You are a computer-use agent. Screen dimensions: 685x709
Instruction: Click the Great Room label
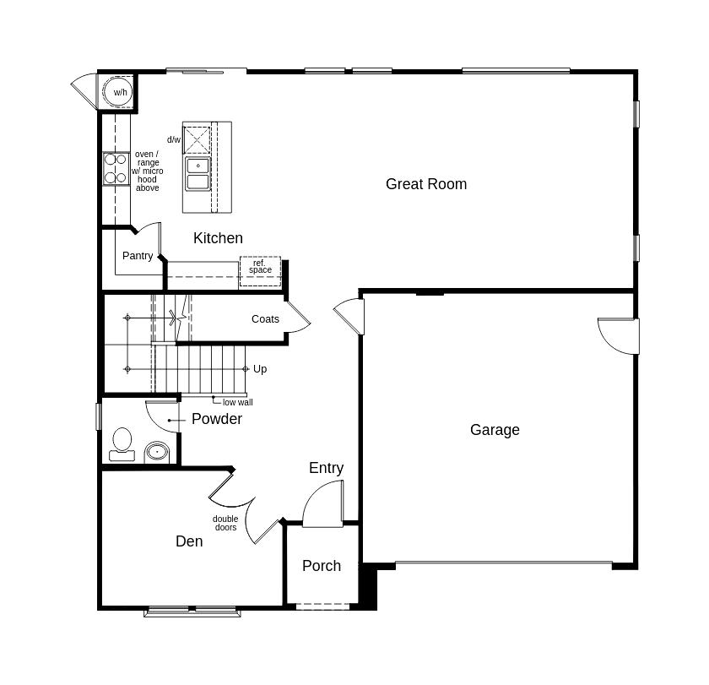[425, 184]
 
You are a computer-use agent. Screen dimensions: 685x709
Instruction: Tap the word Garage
[495, 430]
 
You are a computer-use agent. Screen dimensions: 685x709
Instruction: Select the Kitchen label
[218, 238]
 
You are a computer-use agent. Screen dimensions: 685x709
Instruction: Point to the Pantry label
[138, 256]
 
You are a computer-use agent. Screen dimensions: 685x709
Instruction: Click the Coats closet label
[265, 319]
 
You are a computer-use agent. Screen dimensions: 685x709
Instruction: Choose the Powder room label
[216, 419]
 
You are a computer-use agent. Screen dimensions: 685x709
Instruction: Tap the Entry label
[326, 468]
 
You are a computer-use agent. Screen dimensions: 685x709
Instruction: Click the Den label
[189, 541]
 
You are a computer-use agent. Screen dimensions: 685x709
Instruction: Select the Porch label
[322, 566]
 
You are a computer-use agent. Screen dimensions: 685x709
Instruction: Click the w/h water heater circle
[118, 92]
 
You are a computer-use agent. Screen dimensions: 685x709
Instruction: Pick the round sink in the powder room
[156, 453]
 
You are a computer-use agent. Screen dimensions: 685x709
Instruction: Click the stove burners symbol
[116, 168]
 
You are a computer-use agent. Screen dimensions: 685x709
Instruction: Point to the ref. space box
[260, 267]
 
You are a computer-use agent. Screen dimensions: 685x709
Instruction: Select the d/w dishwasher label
[173, 140]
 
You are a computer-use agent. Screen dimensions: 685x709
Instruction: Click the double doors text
[225, 524]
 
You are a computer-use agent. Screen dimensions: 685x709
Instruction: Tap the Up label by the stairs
[260, 369]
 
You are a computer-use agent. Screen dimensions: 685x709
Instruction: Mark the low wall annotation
[237, 403]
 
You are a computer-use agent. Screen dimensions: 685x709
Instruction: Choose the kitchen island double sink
[198, 173]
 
